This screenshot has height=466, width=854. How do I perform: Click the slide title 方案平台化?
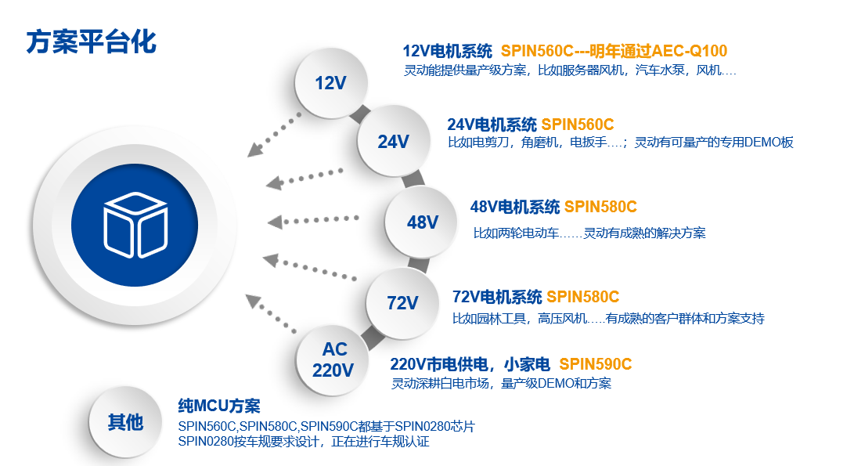(x=92, y=42)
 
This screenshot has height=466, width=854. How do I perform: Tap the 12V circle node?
(x=331, y=83)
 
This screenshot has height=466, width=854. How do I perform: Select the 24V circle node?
(x=393, y=141)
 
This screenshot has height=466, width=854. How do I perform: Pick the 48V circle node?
(x=422, y=222)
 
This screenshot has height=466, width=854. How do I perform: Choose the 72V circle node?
(x=402, y=302)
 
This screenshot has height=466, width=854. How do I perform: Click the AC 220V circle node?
(x=333, y=359)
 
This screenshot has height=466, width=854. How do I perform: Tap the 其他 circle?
(x=125, y=422)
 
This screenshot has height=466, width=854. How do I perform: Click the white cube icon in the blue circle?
(x=135, y=225)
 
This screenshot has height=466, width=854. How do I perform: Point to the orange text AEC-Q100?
(x=689, y=51)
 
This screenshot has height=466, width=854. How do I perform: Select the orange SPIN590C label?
(x=595, y=364)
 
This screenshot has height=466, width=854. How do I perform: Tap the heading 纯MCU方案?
(x=219, y=406)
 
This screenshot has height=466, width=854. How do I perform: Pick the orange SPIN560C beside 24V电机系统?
(x=578, y=125)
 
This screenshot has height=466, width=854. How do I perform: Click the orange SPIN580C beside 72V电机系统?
(x=582, y=297)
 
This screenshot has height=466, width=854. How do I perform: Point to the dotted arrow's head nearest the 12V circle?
(x=254, y=150)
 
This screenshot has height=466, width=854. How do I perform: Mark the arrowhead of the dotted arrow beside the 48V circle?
(x=275, y=222)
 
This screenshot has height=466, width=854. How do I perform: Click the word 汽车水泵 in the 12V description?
(x=660, y=70)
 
